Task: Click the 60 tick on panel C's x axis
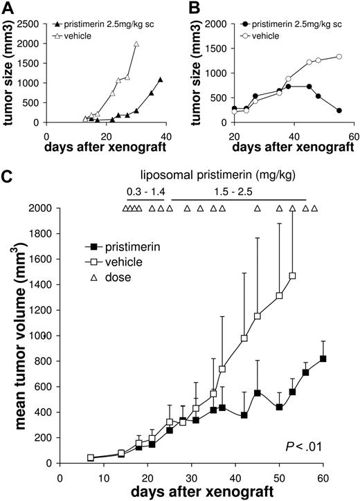[x=323, y=476]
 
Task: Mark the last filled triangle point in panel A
[x=160, y=80]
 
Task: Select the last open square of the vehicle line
[x=293, y=275]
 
